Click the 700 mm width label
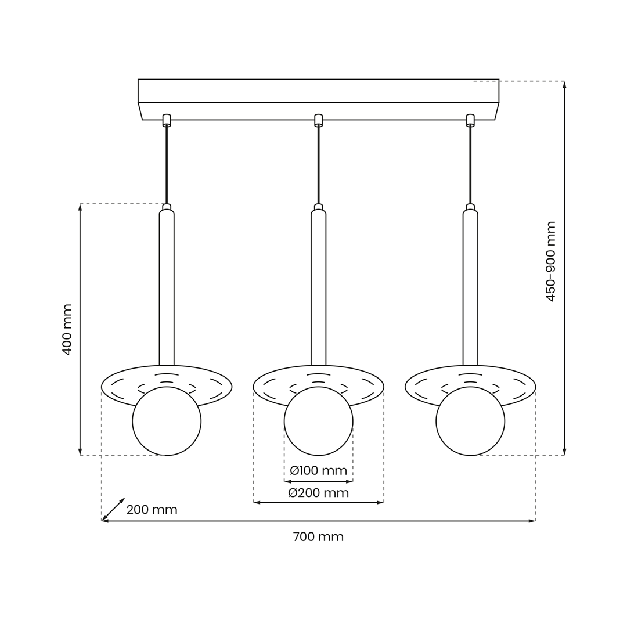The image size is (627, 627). click(318, 536)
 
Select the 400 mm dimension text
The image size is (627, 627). click(67, 330)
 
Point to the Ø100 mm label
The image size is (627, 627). click(318, 470)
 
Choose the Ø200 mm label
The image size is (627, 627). click(318, 493)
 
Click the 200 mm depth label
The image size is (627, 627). click(152, 510)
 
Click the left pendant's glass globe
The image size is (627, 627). click(167, 421)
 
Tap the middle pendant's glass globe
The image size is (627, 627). click(319, 421)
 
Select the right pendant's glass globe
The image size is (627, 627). click(471, 421)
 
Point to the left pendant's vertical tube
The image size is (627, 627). click(167, 287)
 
